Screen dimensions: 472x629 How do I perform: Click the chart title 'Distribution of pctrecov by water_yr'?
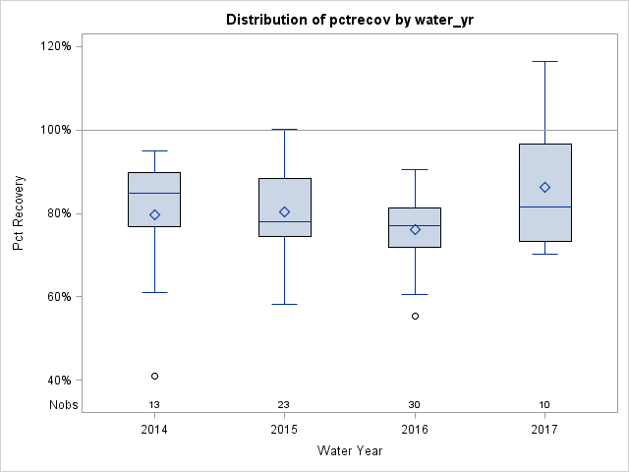[349, 20]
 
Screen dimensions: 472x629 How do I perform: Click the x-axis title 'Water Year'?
[350, 451]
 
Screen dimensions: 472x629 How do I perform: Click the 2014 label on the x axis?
[154, 430]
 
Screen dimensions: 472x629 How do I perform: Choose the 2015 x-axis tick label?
[284, 430]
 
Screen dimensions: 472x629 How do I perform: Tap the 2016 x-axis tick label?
[415, 430]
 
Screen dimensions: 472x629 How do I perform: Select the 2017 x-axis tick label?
[544, 430]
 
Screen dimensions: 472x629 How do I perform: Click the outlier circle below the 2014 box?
[154, 376]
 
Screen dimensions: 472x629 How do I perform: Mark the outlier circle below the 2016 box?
[415, 316]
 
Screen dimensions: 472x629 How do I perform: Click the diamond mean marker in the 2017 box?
[544, 187]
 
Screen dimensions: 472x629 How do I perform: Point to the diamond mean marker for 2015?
[284, 211]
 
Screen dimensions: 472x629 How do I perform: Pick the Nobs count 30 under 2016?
[415, 405]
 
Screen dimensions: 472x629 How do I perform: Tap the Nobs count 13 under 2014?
[154, 405]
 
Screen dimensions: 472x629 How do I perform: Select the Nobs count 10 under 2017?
[544, 405]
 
